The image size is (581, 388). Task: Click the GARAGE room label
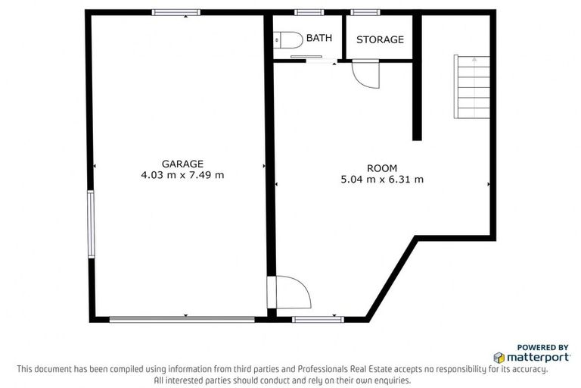pyautogui.click(x=182, y=164)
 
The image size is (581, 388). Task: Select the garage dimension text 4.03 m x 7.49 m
pyautogui.click(x=182, y=175)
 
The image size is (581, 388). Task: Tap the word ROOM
pyautogui.click(x=381, y=168)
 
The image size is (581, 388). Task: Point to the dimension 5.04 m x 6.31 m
pyautogui.click(x=382, y=180)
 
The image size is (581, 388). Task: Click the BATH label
pyautogui.click(x=318, y=38)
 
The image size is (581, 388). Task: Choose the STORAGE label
pyautogui.click(x=380, y=39)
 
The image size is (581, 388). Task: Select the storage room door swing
pyautogui.click(x=366, y=74)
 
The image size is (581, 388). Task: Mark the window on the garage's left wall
pyautogui.click(x=91, y=224)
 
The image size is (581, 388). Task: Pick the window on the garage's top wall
pyautogui.click(x=176, y=12)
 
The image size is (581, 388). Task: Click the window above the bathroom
pyautogui.click(x=309, y=12)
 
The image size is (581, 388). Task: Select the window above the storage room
pyautogui.click(x=365, y=12)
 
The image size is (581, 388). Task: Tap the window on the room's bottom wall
pyautogui.click(x=318, y=319)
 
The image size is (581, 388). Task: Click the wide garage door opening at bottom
pyautogui.click(x=182, y=319)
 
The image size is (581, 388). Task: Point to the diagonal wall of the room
pyautogui.click(x=392, y=278)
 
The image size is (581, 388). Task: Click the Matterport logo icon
pyautogui.click(x=499, y=357)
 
